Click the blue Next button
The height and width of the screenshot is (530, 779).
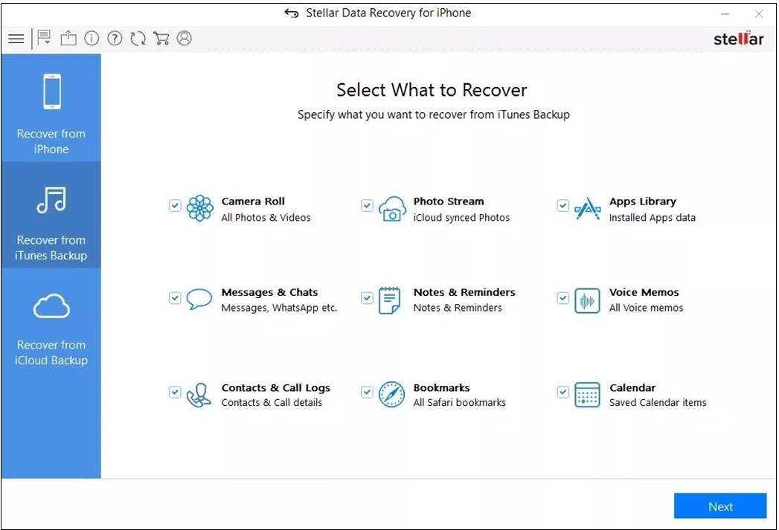(x=720, y=505)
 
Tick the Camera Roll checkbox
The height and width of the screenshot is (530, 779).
(x=175, y=205)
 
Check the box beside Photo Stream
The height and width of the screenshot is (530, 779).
(x=367, y=205)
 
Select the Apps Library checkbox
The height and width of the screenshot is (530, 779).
(x=563, y=205)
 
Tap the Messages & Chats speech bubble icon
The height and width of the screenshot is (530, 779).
(x=199, y=299)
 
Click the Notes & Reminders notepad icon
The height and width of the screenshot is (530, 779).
(x=390, y=300)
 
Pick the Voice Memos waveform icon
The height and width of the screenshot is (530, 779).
(x=587, y=301)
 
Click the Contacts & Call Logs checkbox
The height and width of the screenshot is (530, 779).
(x=175, y=392)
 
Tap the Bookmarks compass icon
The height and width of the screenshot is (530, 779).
(x=392, y=395)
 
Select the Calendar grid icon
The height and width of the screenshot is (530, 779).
(x=587, y=395)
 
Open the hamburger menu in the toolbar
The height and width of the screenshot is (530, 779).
(x=16, y=38)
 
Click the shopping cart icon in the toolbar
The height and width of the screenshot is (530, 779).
(x=161, y=38)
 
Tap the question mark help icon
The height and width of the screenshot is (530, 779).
(x=115, y=38)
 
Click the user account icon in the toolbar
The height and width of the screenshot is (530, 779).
(x=185, y=38)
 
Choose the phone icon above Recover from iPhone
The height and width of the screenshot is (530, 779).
(x=52, y=91)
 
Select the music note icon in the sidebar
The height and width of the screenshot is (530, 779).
(x=51, y=200)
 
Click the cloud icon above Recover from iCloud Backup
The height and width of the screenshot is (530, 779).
(x=51, y=306)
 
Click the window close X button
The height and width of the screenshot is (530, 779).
(x=759, y=14)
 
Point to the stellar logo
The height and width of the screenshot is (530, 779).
(x=739, y=38)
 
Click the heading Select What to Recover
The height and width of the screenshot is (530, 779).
(x=432, y=90)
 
